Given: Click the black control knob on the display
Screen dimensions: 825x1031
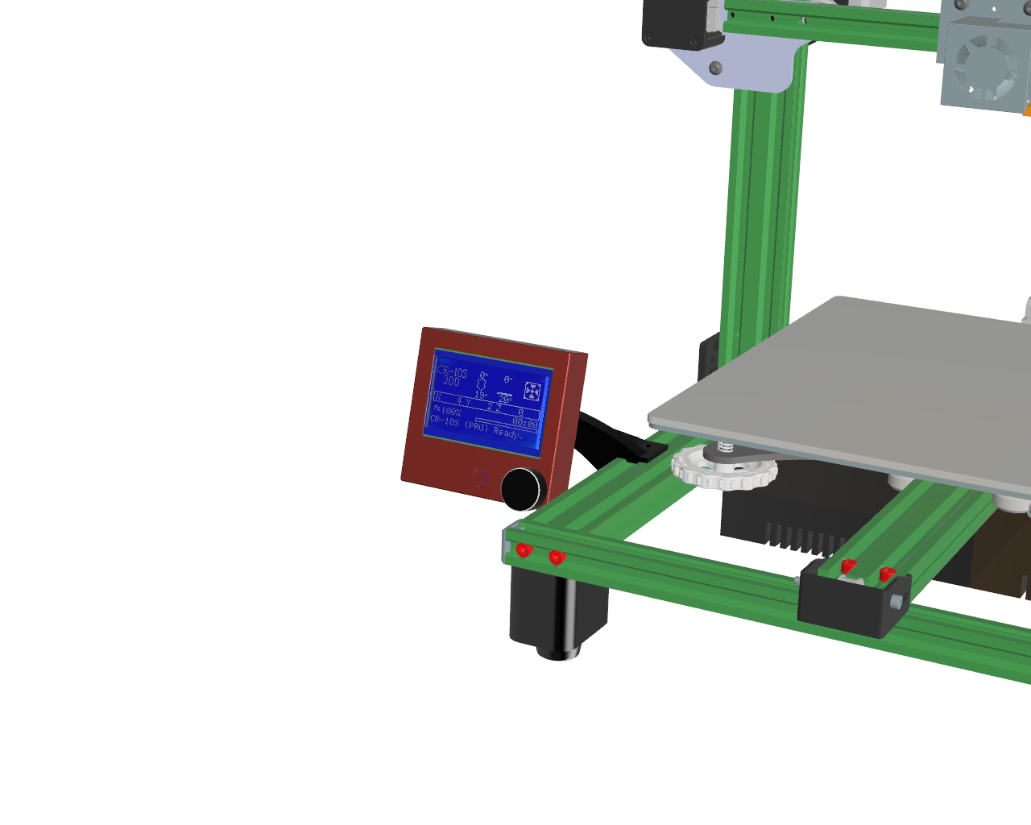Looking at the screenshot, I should click(523, 488).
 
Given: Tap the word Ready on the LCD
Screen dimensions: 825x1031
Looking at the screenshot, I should click(507, 433).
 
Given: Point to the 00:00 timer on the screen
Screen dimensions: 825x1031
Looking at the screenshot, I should click(525, 423).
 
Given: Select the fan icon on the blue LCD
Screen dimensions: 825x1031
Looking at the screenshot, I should click(532, 392).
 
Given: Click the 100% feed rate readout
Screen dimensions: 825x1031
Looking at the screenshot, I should click(449, 411).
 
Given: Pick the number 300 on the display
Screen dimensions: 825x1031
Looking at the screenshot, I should click(450, 381).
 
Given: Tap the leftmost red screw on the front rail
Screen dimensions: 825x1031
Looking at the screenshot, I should click(524, 549).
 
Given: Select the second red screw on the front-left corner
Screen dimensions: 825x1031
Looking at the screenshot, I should click(556, 557).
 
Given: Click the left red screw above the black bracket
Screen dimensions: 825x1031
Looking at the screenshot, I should click(847, 566).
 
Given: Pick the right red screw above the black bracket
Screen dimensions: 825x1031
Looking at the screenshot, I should click(887, 574).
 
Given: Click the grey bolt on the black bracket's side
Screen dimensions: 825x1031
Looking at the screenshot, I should click(896, 601).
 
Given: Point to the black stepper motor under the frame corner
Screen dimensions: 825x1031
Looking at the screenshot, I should click(557, 612).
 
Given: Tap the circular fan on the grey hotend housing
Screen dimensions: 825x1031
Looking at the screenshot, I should click(983, 65).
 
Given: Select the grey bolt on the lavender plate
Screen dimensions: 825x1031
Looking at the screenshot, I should click(715, 68).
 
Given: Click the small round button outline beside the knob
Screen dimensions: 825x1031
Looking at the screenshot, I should click(479, 478).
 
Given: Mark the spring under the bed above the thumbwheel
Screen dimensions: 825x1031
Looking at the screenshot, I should click(725, 447).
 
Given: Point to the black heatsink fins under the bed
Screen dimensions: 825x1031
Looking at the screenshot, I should click(797, 536).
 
